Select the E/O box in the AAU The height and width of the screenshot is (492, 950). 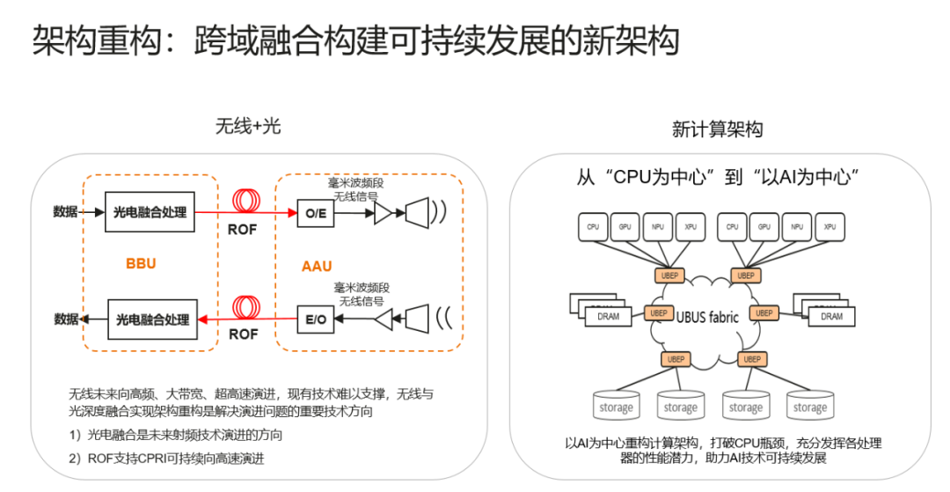pos(314,319)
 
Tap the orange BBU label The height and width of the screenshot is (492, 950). pos(141,263)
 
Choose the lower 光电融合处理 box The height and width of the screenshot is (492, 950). pos(152,319)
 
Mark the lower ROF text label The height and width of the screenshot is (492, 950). pos(244,334)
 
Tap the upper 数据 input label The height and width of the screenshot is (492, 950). pos(65,212)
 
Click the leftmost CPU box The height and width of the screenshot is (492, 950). pos(594,226)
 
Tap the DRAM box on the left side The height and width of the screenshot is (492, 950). pos(609,316)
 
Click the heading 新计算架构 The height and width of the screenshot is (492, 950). pos(717,129)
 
